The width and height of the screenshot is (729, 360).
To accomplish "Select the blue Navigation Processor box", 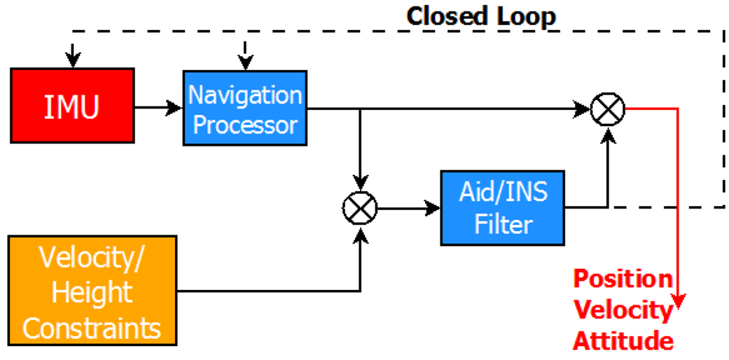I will click(x=244, y=109).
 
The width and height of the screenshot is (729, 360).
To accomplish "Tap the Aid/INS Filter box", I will click(x=503, y=208).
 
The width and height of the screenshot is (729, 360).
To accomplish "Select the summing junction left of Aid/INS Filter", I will click(x=359, y=208).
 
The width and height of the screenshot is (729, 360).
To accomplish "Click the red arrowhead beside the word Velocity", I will click(x=679, y=303).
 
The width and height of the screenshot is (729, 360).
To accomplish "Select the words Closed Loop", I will click(x=481, y=16).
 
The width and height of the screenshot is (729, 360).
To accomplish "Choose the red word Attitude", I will click(x=622, y=340).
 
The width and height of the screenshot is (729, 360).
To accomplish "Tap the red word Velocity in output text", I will click(x=621, y=310).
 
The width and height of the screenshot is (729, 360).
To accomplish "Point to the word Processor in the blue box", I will click(x=245, y=125).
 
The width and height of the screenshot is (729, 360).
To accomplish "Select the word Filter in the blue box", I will click(x=503, y=224).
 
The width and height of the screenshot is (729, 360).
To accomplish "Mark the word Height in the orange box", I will click(x=92, y=293).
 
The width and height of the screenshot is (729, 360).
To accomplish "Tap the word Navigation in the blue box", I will click(x=245, y=95).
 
